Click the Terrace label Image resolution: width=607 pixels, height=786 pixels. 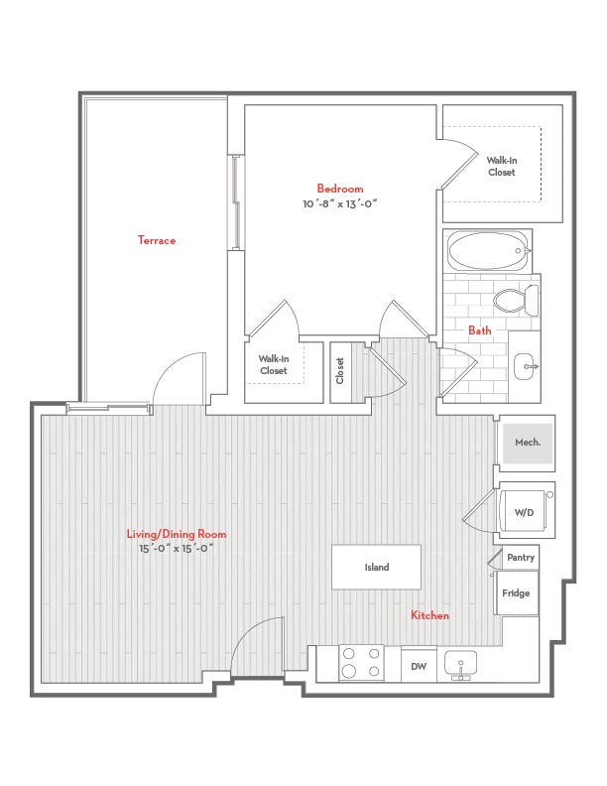157,240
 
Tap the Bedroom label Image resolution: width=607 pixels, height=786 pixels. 340,189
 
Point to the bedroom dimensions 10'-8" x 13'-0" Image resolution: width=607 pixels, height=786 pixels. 339,203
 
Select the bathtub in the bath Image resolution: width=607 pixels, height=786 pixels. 489,251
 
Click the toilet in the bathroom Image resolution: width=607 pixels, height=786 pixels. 516,300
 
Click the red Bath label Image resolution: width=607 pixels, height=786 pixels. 480,330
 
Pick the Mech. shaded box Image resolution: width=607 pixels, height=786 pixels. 528,443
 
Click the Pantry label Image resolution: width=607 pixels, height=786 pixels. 521,558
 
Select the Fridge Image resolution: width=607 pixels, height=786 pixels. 517,593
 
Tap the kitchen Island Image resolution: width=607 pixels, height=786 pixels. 377,567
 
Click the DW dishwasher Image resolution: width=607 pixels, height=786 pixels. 419,666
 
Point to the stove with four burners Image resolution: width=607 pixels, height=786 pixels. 361,663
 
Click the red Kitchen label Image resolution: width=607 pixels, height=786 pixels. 429,615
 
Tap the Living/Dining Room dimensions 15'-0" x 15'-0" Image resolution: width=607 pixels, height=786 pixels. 177,549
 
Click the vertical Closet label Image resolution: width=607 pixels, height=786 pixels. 340,370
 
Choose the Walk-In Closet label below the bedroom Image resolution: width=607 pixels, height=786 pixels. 274,364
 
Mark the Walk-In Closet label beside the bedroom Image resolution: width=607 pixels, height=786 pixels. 502,166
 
